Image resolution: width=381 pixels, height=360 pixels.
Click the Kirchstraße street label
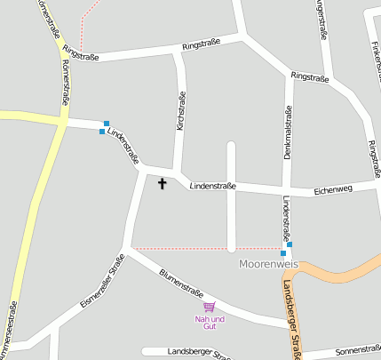[181, 112]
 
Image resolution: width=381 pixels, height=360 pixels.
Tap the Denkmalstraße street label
[287, 133]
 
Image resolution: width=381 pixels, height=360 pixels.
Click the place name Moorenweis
[269, 265]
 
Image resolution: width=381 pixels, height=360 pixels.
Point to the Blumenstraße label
[181, 284]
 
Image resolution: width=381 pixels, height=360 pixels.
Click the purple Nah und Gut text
[210, 322]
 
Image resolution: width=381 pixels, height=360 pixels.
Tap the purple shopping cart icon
[210, 307]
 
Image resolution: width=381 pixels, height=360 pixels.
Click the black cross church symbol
[162, 184]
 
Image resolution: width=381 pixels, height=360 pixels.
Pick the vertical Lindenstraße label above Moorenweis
[286, 219]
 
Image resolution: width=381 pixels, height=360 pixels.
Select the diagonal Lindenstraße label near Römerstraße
[123, 147]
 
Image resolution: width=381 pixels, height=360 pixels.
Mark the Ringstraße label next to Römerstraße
[80, 57]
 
